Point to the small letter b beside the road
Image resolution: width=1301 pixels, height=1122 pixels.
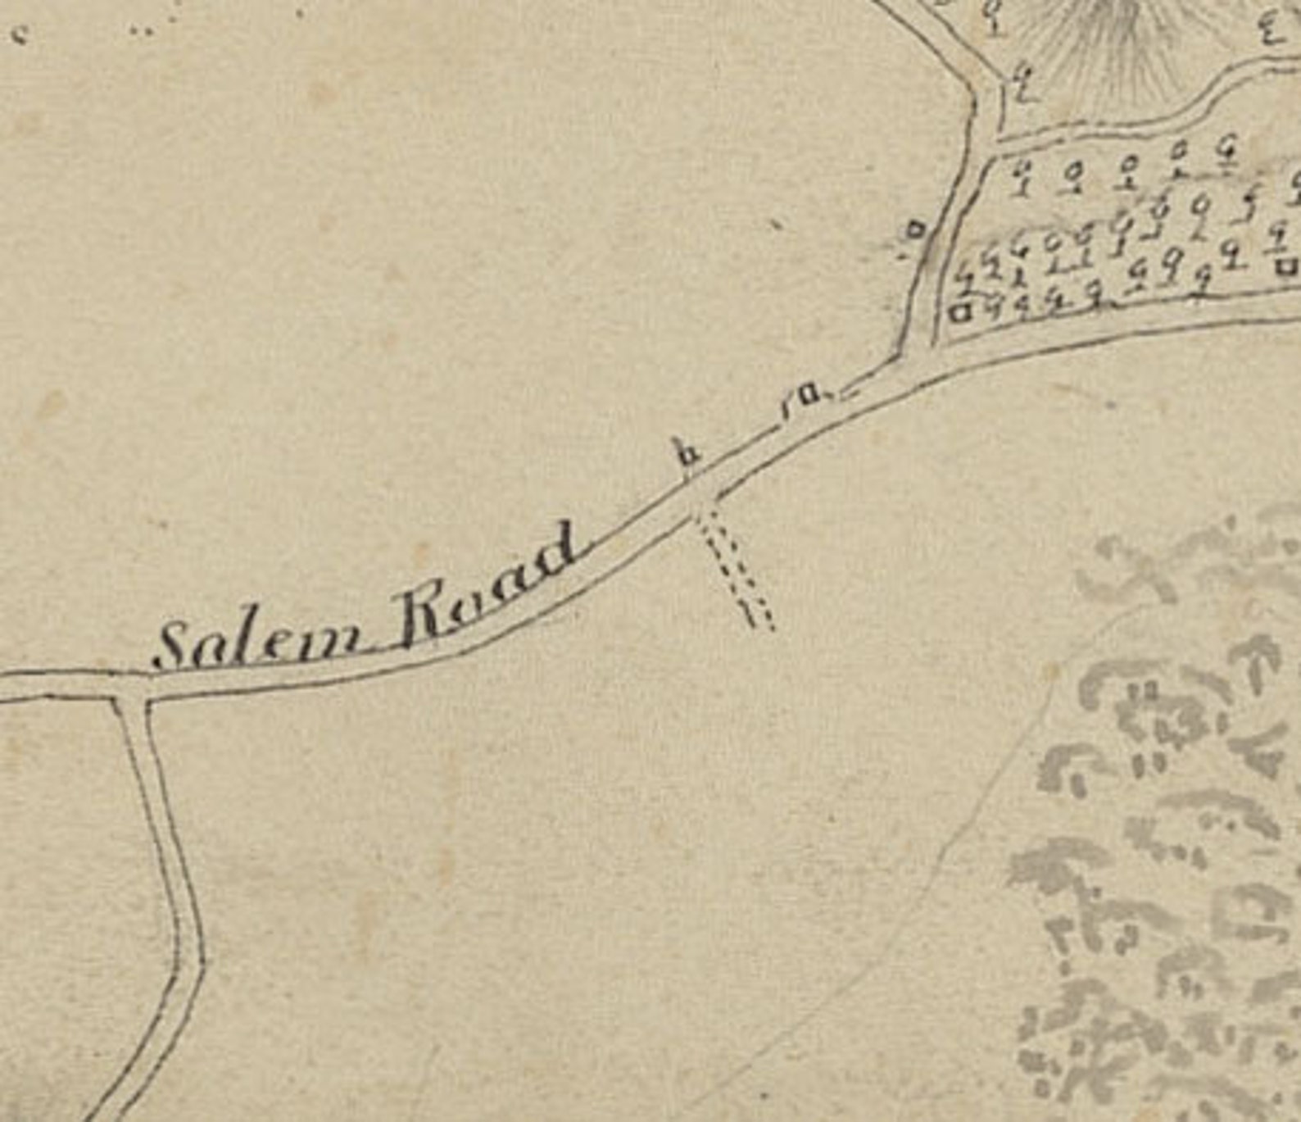tap(687, 453)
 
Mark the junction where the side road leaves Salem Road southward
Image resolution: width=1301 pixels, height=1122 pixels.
tap(130, 688)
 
